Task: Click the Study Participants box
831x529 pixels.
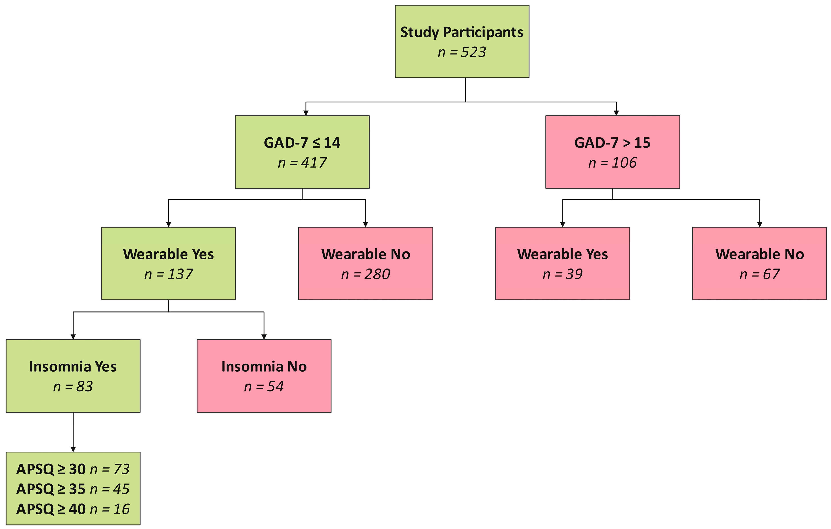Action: point(462,41)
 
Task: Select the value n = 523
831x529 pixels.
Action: point(462,52)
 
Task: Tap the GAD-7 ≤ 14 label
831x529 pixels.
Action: point(302,143)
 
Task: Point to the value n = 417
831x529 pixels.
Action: point(302,163)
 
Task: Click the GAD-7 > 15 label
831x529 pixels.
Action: point(612,143)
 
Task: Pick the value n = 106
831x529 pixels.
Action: point(612,163)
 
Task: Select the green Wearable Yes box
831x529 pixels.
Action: point(168,263)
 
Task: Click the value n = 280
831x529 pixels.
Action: point(365,274)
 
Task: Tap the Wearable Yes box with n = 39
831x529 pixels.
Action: point(562,263)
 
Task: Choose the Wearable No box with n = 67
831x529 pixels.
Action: point(759,263)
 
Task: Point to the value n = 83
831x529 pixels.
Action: point(73,386)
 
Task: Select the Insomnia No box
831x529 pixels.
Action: point(264,376)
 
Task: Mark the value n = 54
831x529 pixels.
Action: point(264,386)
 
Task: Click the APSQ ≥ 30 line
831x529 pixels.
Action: point(73,469)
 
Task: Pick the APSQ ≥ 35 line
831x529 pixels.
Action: point(73,489)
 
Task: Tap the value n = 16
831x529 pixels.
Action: point(110,509)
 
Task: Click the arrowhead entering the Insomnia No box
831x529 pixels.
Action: point(264,337)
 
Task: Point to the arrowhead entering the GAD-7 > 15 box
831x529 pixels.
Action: point(616,113)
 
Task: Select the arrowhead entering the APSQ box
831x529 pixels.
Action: point(73,449)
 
